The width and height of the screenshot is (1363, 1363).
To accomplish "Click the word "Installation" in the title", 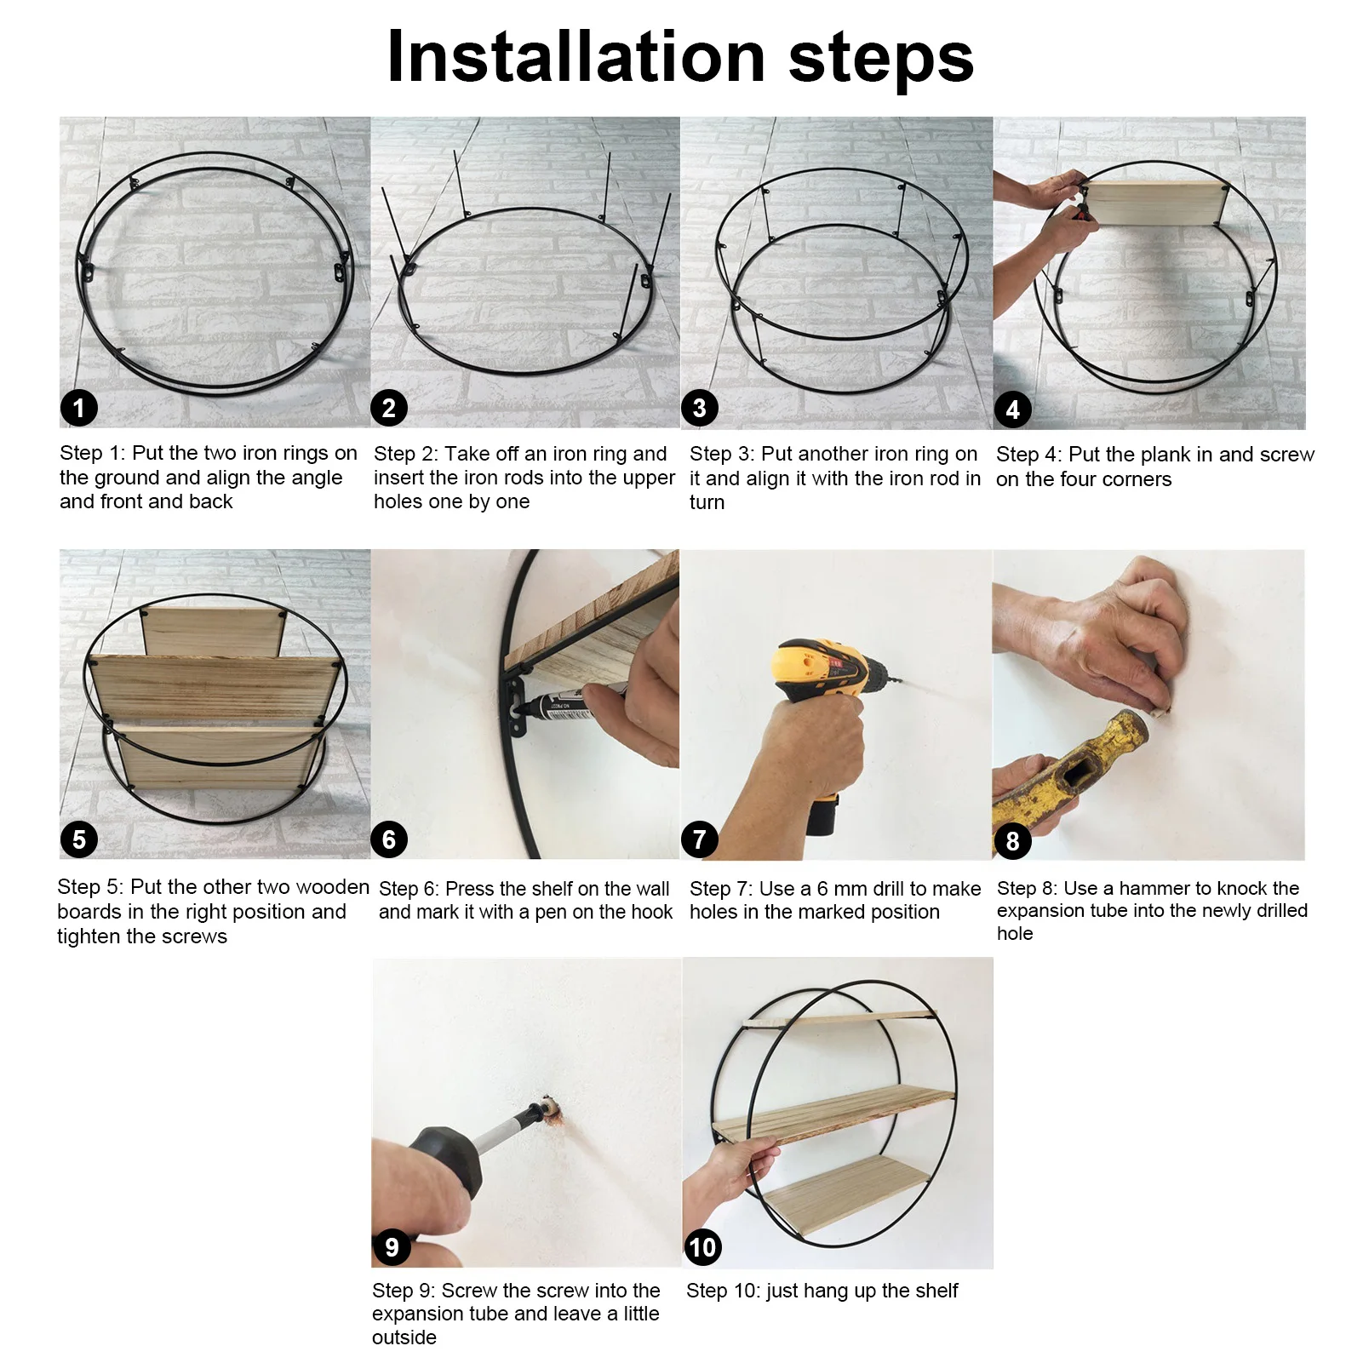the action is [576, 57].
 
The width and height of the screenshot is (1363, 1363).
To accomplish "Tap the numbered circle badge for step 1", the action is [79, 408].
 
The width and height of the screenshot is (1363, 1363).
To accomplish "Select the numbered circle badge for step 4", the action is [1012, 409].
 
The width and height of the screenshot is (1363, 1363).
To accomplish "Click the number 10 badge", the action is [702, 1247].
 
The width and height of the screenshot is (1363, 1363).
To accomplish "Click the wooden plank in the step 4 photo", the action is [1154, 203].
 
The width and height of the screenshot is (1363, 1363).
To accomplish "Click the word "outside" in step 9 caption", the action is [404, 1337].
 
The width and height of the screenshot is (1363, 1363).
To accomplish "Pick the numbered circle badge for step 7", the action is [699, 839].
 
